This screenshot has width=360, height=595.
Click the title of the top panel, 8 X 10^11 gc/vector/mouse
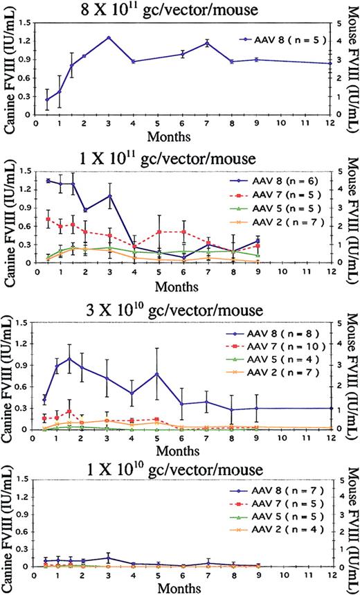point(180,9)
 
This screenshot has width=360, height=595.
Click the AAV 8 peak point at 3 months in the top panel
point(109,37)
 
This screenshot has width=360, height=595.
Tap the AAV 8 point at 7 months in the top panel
point(206,43)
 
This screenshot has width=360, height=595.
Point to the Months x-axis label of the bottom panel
point(182,588)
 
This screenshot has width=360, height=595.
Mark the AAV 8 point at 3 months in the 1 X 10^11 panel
point(109,196)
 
